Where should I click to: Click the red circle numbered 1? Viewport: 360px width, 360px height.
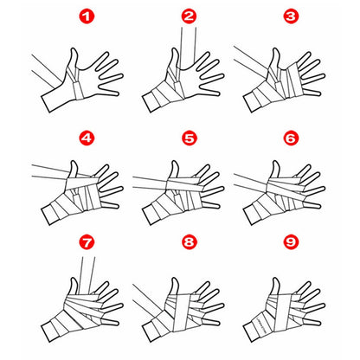[87, 17]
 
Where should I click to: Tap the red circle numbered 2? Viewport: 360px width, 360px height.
[189, 16]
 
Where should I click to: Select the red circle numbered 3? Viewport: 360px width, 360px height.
[291, 16]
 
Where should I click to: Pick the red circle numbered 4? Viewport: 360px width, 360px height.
[87, 138]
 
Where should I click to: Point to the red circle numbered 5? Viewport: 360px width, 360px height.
[189, 138]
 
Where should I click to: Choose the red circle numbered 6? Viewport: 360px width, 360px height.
[291, 138]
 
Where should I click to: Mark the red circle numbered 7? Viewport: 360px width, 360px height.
[87, 242]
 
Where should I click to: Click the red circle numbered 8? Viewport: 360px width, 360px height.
[189, 241]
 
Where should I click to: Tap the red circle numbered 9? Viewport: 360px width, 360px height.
[291, 241]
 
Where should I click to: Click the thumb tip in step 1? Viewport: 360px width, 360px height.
[74, 49]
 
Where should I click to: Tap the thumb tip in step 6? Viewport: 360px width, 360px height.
[275, 163]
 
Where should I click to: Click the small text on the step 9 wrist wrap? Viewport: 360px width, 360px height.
[260, 323]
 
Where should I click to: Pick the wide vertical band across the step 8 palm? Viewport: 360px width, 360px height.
[181, 312]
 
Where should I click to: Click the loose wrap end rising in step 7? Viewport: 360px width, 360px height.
[87, 275]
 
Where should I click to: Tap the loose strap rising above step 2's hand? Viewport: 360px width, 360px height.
[189, 46]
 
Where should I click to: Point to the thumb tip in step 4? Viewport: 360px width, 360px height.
[74, 163]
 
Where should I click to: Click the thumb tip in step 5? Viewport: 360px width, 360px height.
[175, 163]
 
